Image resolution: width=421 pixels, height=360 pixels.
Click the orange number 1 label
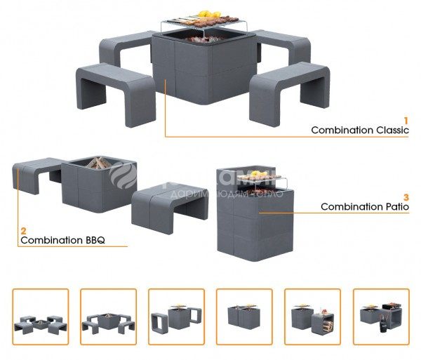(406, 120)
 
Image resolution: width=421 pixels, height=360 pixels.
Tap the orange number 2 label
(24, 230)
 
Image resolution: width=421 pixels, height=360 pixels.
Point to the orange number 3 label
(406, 196)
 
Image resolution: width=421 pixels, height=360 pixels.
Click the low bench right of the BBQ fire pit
(169, 201)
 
